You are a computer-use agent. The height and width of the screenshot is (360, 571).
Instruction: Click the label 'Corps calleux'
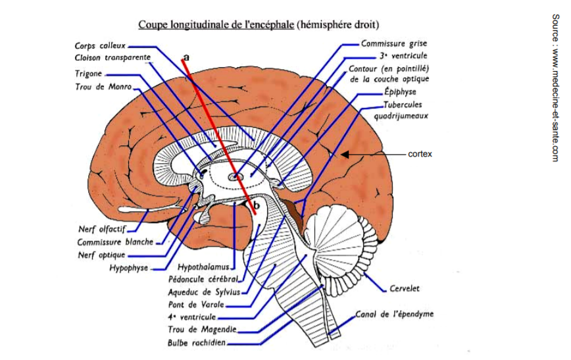tap(101, 46)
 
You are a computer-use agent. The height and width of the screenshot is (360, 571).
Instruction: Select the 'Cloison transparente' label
tap(112, 58)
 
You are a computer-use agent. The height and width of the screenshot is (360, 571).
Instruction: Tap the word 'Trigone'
tap(88, 74)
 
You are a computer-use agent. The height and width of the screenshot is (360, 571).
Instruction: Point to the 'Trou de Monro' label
tap(104, 86)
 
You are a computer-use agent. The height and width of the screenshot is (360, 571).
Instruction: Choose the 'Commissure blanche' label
tap(114, 242)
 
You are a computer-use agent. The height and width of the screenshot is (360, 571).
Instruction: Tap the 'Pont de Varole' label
tap(196, 304)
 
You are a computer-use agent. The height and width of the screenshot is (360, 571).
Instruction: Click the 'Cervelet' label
tap(404, 288)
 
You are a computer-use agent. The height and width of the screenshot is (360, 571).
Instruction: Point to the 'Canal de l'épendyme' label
tap(395, 314)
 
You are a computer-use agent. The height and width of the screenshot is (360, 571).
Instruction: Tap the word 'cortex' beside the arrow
tap(420, 154)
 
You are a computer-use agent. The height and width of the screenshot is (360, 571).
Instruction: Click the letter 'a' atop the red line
tap(187, 57)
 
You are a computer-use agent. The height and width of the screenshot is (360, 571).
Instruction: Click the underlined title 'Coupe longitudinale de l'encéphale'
tap(216, 26)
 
